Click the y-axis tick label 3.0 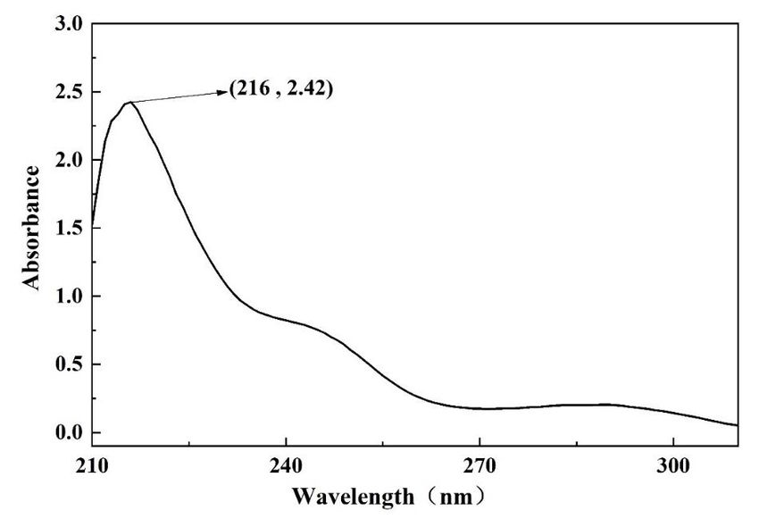(x=68, y=24)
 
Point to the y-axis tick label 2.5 (x=68, y=92)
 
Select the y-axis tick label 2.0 (x=68, y=160)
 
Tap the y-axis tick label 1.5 (x=68, y=229)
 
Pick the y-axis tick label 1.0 (x=68, y=297)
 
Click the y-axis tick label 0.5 (x=68, y=364)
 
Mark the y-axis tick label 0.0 (x=68, y=433)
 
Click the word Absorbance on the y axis (x=32, y=227)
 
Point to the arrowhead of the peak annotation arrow (x=223, y=90)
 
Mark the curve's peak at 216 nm (x=130, y=102)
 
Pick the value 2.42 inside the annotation (x=307, y=90)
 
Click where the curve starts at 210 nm (x=93, y=225)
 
